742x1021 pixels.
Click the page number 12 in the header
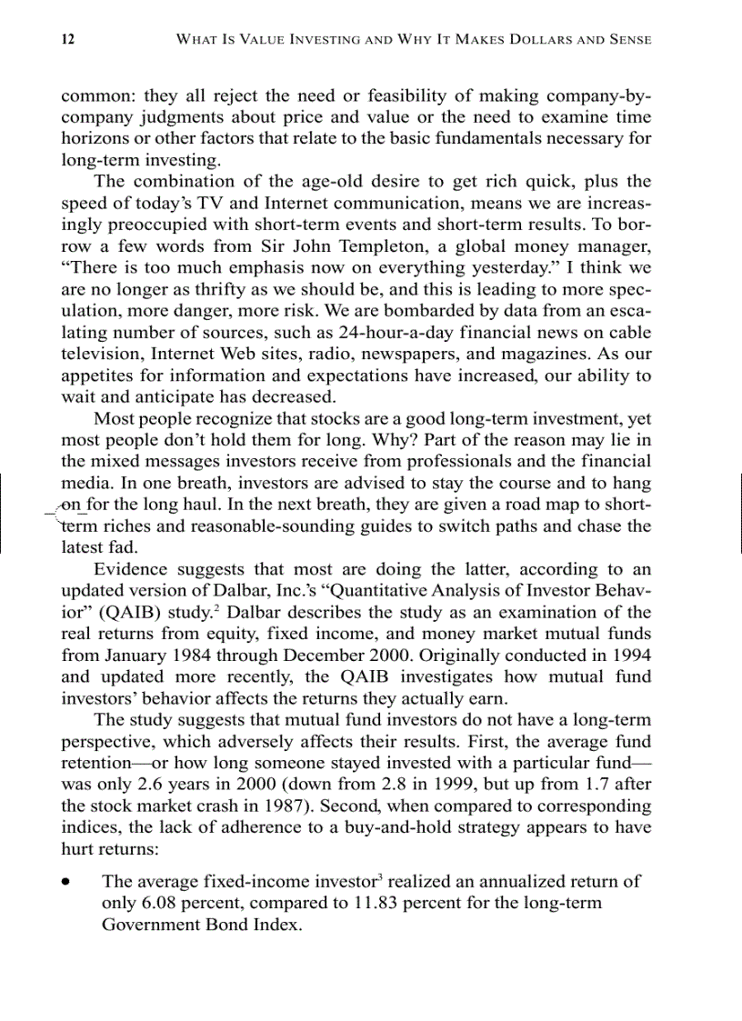coord(67,39)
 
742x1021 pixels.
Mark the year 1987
coord(269,806)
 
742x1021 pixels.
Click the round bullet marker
coord(66,883)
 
